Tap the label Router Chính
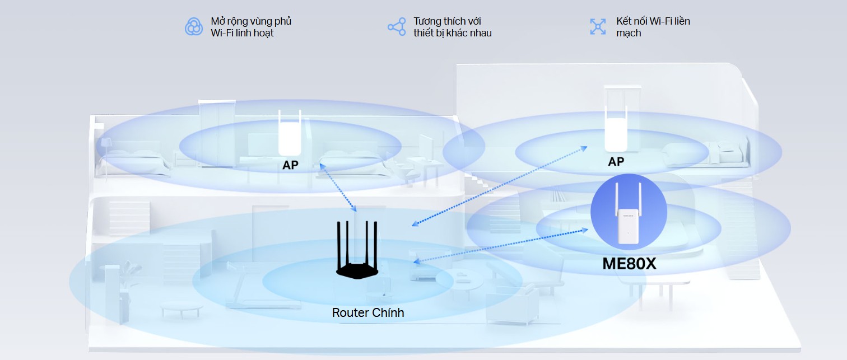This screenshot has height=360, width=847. [x=368, y=312]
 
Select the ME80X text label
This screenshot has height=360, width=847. [x=629, y=264]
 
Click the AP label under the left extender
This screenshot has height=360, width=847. [x=290, y=165]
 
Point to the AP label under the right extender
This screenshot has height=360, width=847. [x=616, y=162]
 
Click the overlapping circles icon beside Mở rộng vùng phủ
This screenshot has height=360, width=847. [x=194, y=26]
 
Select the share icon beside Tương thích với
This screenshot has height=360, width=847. [x=397, y=26]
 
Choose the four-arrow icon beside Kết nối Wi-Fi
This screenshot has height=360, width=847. [x=598, y=26]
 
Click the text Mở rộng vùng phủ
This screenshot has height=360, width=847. [x=251, y=21]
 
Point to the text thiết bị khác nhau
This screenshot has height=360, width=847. [x=452, y=33]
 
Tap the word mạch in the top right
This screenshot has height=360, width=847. [x=629, y=33]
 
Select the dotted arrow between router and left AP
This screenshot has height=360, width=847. [x=338, y=188]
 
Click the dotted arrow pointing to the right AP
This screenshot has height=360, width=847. [x=499, y=186]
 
